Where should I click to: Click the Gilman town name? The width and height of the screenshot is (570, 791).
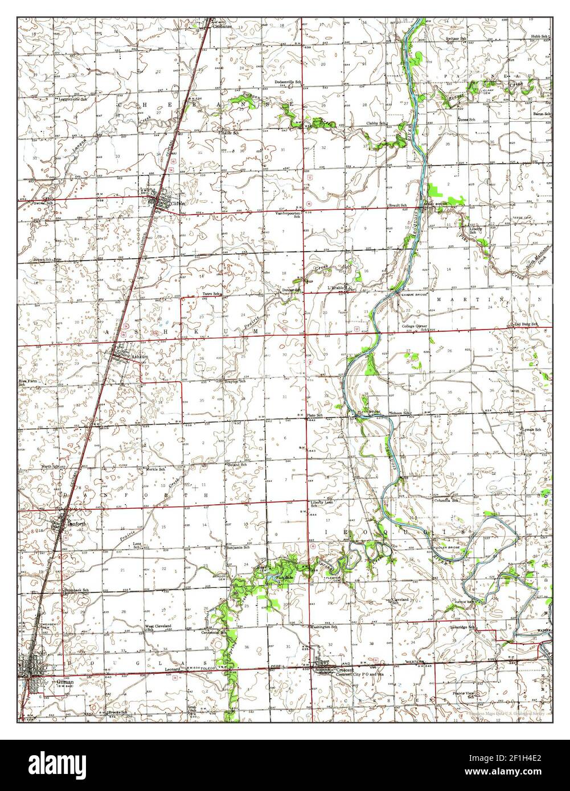[50, 681]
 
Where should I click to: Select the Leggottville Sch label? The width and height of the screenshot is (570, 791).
[74, 99]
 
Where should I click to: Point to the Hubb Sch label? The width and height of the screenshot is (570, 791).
[540, 36]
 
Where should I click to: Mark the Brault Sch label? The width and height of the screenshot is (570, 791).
[397, 205]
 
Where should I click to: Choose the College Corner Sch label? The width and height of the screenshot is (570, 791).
[415, 328]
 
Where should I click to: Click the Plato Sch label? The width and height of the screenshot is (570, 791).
[315, 416]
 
